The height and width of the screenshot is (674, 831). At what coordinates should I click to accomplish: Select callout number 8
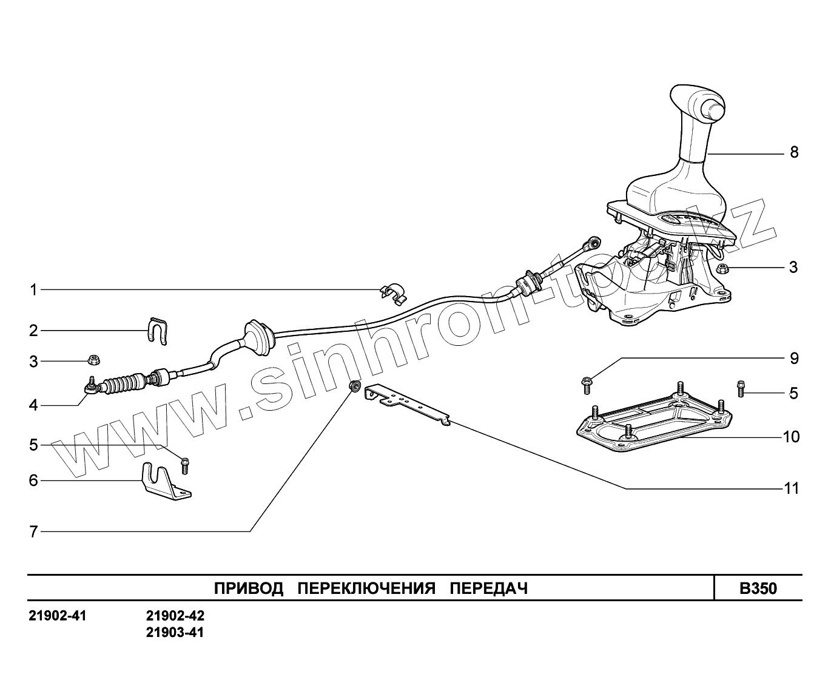click(x=794, y=152)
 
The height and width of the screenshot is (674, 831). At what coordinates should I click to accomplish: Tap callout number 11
click(x=792, y=488)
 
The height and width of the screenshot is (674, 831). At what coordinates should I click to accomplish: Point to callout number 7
click(x=34, y=532)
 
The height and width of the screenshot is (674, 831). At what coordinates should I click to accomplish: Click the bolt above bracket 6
click(x=185, y=466)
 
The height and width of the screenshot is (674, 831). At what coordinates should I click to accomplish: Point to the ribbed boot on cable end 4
click(x=124, y=384)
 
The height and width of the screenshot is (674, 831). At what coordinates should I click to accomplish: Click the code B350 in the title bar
click(x=758, y=588)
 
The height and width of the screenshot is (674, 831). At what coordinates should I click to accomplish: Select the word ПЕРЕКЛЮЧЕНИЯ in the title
click(x=367, y=588)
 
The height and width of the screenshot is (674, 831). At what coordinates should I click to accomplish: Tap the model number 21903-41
click(x=175, y=633)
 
